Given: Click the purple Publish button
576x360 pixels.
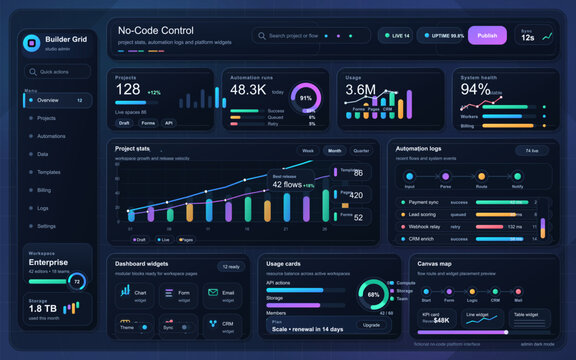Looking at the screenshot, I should click(487, 35).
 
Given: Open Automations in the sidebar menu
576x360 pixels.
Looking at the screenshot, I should click(51, 136).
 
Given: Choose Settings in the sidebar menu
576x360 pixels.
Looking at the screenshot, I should click(47, 226).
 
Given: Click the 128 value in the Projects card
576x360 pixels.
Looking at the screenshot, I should click(128, 90).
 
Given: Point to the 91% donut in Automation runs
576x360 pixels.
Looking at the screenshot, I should click(305, 98).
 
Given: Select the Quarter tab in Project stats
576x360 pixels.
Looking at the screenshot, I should click(360, 151).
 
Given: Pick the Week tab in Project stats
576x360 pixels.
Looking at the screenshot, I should click(308, 151).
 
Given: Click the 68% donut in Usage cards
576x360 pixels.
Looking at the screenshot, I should click(373, 295).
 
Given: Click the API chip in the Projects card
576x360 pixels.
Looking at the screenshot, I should click(170, 123).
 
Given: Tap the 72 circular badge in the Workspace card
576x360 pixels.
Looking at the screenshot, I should click(76, 282).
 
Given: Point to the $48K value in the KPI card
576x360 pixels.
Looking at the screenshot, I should click(441, 320).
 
